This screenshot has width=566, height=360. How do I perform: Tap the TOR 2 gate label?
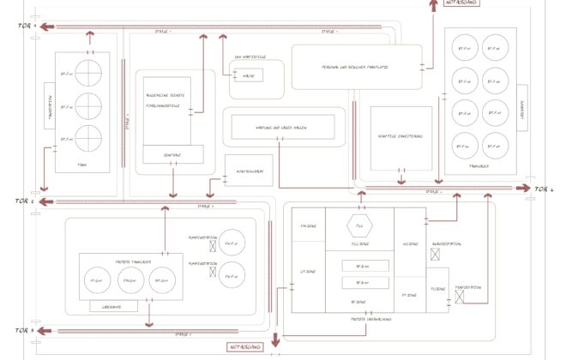(x=26, y=201)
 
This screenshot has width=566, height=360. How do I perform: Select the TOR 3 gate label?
(x=26, y=330)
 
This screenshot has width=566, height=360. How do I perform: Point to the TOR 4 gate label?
(x=545, y=189)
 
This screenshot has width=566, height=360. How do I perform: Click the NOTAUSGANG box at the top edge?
(x=462, y=3)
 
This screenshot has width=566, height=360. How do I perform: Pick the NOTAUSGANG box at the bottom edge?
(x=244, y=347)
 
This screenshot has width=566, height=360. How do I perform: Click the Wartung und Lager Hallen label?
(x=283, y=128)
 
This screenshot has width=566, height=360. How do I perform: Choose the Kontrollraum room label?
(x=249, y=171)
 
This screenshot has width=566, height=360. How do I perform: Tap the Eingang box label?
(x=172, y=154)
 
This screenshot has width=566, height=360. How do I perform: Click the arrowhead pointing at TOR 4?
(x=525, y=189)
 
